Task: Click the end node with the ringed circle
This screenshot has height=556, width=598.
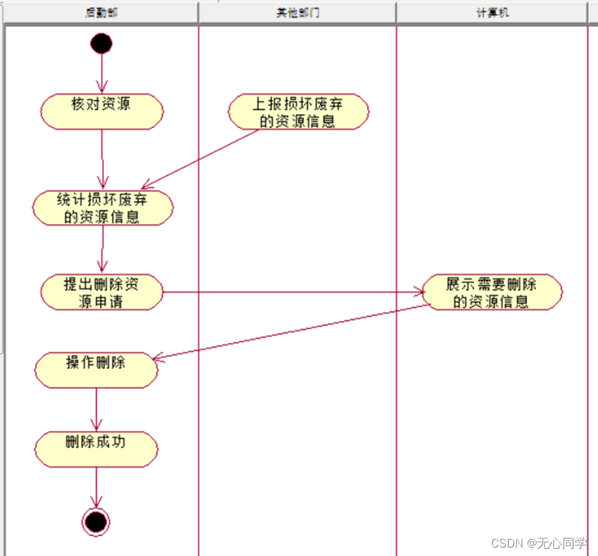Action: coord(96,522)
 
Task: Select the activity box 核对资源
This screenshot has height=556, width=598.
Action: coord(102,112)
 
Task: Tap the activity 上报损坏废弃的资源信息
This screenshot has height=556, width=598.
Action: coord(298,112)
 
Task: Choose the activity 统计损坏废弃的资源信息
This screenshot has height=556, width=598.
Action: coord(103,208)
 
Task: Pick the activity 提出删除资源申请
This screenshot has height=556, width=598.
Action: coord(102,292)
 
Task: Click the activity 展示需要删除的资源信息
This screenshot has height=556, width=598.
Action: coord(491,292)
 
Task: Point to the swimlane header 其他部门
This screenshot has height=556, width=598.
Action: coord(298,13)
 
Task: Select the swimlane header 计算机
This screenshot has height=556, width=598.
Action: coord(492,13)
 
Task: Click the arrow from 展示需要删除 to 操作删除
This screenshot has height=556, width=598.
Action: coord(288,333)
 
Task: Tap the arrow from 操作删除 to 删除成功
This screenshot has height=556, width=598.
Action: coord(96,410)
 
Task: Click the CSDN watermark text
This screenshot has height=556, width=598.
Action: coord(539,543)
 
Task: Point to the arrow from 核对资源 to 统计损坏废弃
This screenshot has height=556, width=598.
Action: coord(103,159)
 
